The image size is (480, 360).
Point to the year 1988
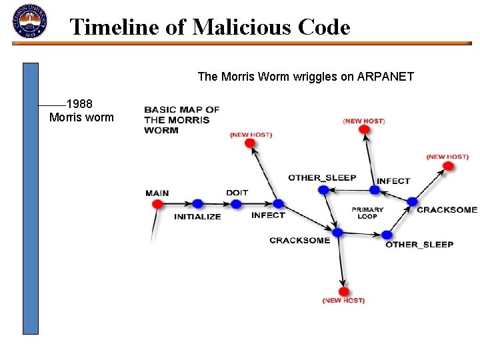79,104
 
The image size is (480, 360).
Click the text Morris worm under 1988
81,118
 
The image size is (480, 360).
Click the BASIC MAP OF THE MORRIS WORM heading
181,120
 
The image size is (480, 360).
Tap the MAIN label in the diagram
157,193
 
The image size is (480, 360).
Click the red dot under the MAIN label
158,204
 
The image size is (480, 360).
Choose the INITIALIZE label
197,217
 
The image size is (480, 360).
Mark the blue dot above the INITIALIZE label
197,204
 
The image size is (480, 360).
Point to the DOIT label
237,193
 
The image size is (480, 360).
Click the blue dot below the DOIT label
238,204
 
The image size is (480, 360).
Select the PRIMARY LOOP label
367,213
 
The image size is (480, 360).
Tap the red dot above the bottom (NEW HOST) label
344,291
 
